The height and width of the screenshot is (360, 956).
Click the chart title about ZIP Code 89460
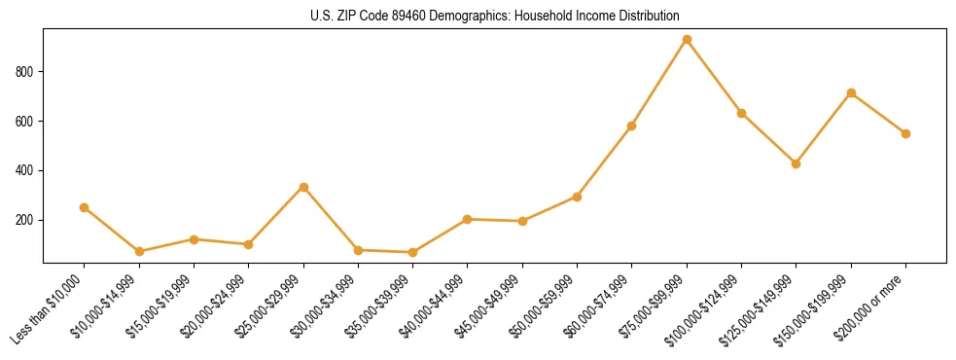pyautogui.click(x=494, y=16)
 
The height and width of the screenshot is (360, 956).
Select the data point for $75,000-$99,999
pyautogui.click(x=687, y=40)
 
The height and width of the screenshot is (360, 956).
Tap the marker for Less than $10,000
pyautogui.click(x=84, y=207)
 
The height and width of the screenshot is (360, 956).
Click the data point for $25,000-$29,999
pyautogui.click(x=303, y=187)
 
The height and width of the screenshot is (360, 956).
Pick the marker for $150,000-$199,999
pyautogui.click(x=851, y=93)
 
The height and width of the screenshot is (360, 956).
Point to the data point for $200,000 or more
pyautogui.click(x=905, y=133)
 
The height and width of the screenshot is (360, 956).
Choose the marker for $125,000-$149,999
pyautogui.click(x=797, y=163)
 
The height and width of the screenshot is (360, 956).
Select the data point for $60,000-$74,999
pyautogui.click(x=632, y=126)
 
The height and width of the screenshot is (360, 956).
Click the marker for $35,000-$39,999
pyautogui.click(x=413, y=252)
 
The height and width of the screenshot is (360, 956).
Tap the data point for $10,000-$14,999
pyautogui.click(x=139, y=251)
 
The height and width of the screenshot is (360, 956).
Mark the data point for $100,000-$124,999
pyautogui.click(x=742, y=113)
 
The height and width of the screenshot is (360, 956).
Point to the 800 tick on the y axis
pyautogui.click(x=25, y=72)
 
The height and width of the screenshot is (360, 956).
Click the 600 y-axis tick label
pyautogui.click(x=25, y=122)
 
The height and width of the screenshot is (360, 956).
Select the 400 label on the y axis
pyautogui.click(x=25, y=171)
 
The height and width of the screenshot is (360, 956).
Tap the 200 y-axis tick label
pyautogui.click(x=25, y=221)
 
